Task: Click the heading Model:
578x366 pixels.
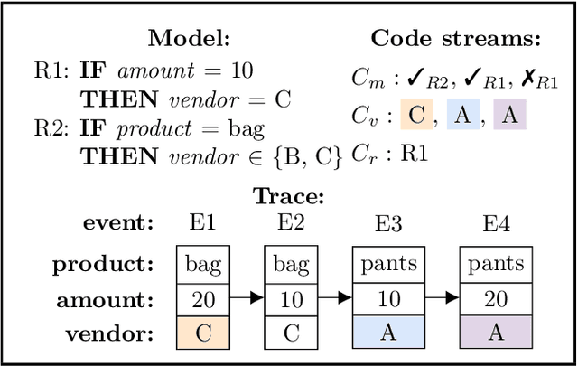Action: (189, 39)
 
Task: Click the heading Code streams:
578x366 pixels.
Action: (455, 39)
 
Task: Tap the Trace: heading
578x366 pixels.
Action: (289, 196)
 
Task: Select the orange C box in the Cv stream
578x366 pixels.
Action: (416, 116)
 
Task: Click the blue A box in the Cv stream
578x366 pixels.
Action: (461, 116)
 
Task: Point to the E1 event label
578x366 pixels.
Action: (203, 222)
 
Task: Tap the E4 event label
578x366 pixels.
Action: (495, 222)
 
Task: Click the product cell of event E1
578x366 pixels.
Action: (203, 264)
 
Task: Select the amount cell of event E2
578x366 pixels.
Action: (291, 298)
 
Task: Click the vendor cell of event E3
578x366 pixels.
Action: (387, 333)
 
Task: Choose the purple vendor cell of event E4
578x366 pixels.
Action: (495, 333)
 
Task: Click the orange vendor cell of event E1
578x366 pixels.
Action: (203, 333)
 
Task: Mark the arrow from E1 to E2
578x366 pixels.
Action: (247, 298)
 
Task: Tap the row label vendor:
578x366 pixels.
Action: (108, 333)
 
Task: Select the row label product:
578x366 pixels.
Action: (102, 265)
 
